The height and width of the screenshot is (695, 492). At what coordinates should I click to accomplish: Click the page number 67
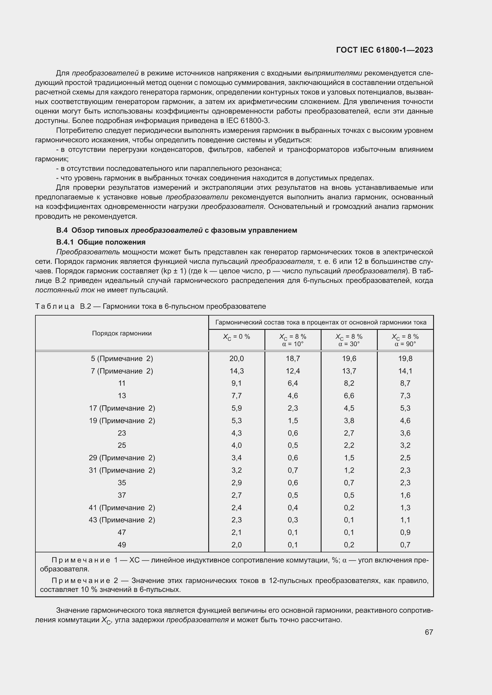pyautogui.click(x=429, y=632)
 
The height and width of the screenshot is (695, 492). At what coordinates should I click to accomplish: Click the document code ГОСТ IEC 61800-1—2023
pyautogui.click(x=384, y=50)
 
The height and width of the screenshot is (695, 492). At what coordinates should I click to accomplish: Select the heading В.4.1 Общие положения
pyautogui.click(x=101, y=242)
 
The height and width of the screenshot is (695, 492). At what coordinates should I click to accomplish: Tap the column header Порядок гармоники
pyautogui.click(x=122, y=333)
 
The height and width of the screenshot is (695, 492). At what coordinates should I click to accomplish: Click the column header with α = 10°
pyautogui.click(x=293, y=340)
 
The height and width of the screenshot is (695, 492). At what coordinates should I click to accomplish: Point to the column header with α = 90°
pyautogui.click(x=405, y=340)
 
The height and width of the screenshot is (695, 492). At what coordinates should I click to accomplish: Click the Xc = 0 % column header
pyautogui.click(x=236, y=337)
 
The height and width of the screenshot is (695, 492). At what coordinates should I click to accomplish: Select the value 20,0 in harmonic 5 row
pyautogui.click(x=236, y=359)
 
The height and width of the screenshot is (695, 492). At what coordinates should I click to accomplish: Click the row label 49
pyautogui.click(x=122, y=545)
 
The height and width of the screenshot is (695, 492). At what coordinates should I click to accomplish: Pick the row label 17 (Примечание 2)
pyautogui.click(x=122, y=408)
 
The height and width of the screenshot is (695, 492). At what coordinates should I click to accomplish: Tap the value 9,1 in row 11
pyautogui.click(x=236, y=384)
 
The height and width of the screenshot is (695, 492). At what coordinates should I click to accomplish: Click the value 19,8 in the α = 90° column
pyautogui.click(x=405, y=359)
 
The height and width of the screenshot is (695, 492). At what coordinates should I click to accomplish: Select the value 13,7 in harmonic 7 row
pyautogui.click(x=349, y=371)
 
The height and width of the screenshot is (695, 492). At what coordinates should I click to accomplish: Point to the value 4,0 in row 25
pyautogui.click(x=236, y=446)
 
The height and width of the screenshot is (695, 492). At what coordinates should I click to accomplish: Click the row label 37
pyautogui.click(x=122, y=495)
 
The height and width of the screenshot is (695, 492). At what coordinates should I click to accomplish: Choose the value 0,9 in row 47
pyautogui.click(x=405, y=532)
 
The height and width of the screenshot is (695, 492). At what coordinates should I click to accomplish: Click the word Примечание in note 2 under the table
pyautogui.click(x=81, y=581)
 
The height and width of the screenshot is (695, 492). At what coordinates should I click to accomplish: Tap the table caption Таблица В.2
pyautogui.click(x=63, y=306)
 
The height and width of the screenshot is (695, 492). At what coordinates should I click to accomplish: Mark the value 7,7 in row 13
pyautogui.click(x=236, y=396)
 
